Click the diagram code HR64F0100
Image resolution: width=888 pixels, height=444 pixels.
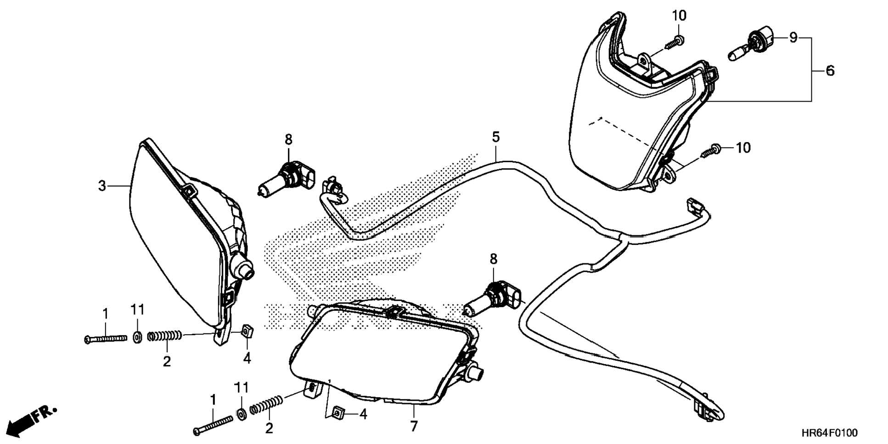point(829,433)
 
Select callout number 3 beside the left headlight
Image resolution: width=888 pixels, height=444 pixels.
point(102,186)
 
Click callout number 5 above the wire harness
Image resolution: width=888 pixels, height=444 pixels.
point(495,137)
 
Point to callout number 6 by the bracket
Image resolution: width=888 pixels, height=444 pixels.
point(830,71)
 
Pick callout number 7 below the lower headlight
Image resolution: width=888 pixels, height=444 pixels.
point(414,426)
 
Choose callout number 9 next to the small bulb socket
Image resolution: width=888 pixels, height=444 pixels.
point(793,38)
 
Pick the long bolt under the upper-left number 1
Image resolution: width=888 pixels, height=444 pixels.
point(106,339)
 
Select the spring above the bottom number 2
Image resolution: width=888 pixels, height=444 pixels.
point(266,405)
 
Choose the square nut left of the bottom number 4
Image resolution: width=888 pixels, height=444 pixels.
point(338,413)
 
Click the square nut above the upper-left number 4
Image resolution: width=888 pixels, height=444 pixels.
point(247,330)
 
